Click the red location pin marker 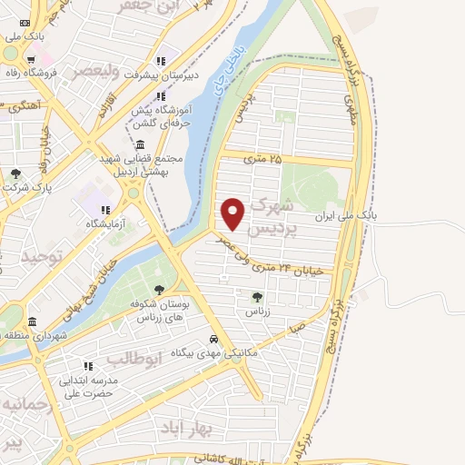pos(234,213)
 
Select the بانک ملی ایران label pos(344,217)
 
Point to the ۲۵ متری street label pos(263,159)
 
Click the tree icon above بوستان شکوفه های pos(160,290)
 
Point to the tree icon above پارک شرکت pos(15,173)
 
